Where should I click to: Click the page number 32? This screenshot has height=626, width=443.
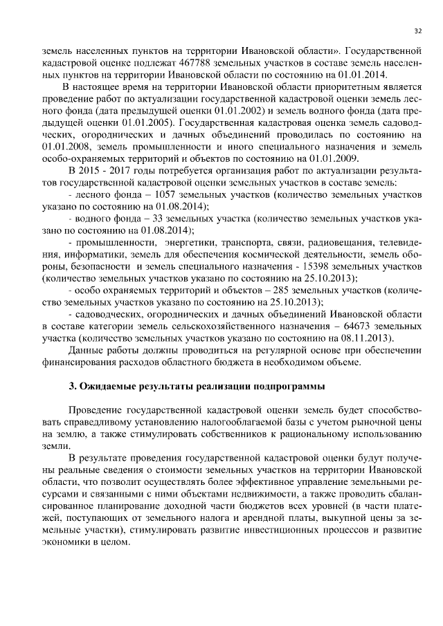click(x=417, y=31)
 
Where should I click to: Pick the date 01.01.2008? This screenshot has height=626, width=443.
click(x=66, y=147)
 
